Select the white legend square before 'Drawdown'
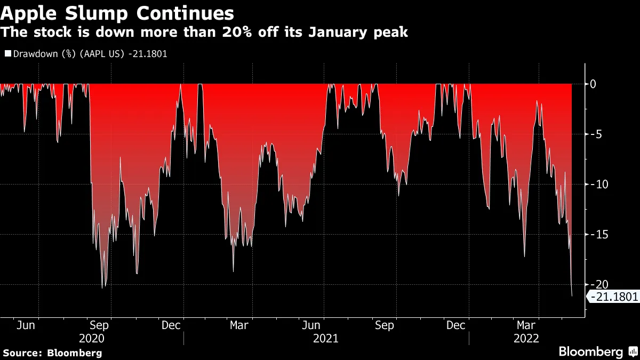[7, 54]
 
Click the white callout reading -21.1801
[614, 297]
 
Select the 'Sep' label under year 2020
[99, 325]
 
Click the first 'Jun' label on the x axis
[26, 325]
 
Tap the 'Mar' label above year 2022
[527, 325]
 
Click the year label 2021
[325, 339]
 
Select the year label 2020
[91, 339]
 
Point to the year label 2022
[526, 339]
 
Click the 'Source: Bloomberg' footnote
[52, 353]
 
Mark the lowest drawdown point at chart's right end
[572, 296]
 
